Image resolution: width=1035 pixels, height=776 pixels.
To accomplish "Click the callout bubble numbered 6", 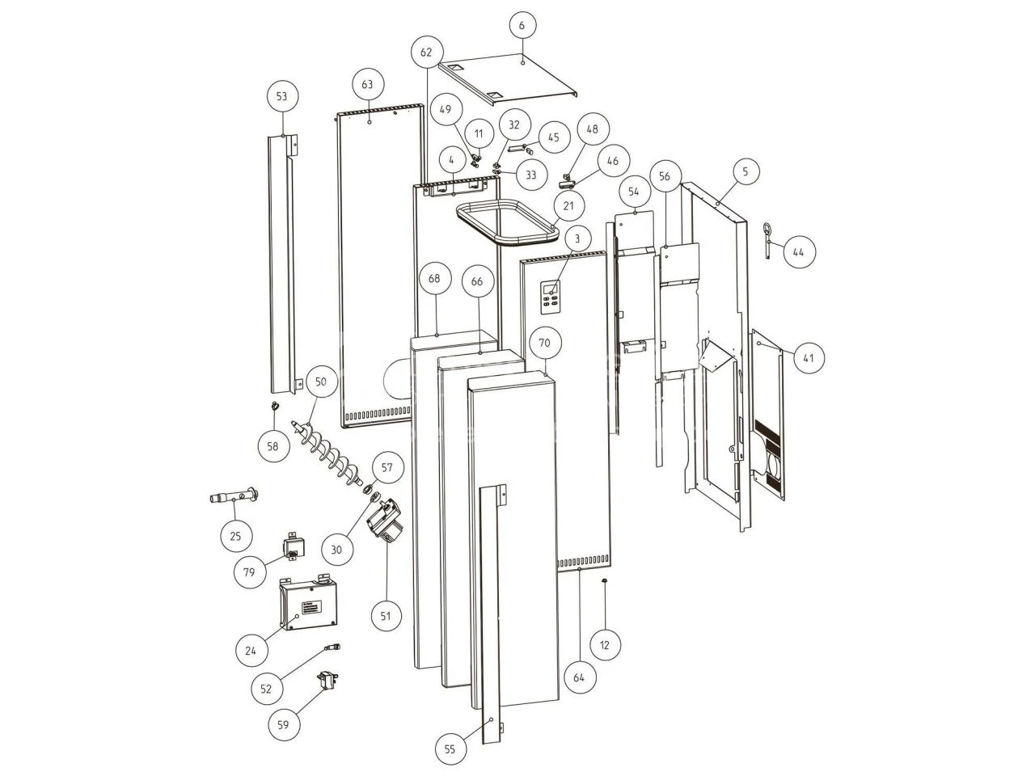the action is click(522, 25).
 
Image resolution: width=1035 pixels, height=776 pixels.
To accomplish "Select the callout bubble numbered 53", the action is click(281, 96).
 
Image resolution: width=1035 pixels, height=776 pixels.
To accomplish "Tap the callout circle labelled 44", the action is click(798, 251).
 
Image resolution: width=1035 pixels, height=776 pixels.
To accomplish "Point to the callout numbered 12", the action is click(605, 644).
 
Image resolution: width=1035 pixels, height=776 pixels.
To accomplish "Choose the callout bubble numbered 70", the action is click(545, 343).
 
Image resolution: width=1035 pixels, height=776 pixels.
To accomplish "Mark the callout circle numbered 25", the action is click(236, 535).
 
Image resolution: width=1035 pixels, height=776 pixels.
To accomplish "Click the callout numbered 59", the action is click(283, 724).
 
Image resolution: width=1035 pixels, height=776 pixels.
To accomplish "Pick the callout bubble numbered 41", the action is click(809, 358).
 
